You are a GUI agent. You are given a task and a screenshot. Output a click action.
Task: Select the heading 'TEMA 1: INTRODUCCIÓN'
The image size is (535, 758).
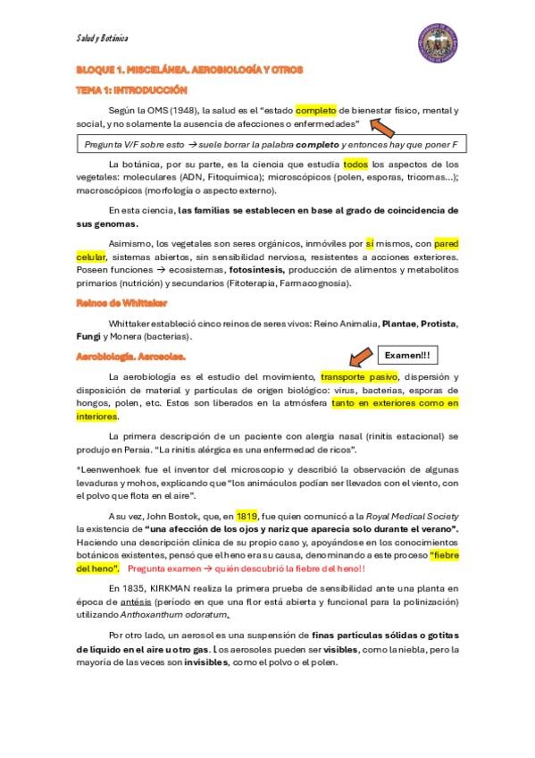point(131,89)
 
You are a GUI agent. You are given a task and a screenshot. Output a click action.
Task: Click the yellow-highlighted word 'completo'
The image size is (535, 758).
point(318,110)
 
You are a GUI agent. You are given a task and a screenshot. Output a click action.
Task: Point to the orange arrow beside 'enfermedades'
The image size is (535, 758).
point(388,127)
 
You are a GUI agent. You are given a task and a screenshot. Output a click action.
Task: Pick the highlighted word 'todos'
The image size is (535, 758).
point(355,164)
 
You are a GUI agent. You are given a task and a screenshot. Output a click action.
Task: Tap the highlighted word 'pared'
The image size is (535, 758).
point(446,243)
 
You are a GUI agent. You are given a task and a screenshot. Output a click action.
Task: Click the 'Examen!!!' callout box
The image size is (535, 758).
point(407,355)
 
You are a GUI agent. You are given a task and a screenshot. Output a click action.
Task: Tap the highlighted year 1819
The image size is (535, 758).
point(247,516)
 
